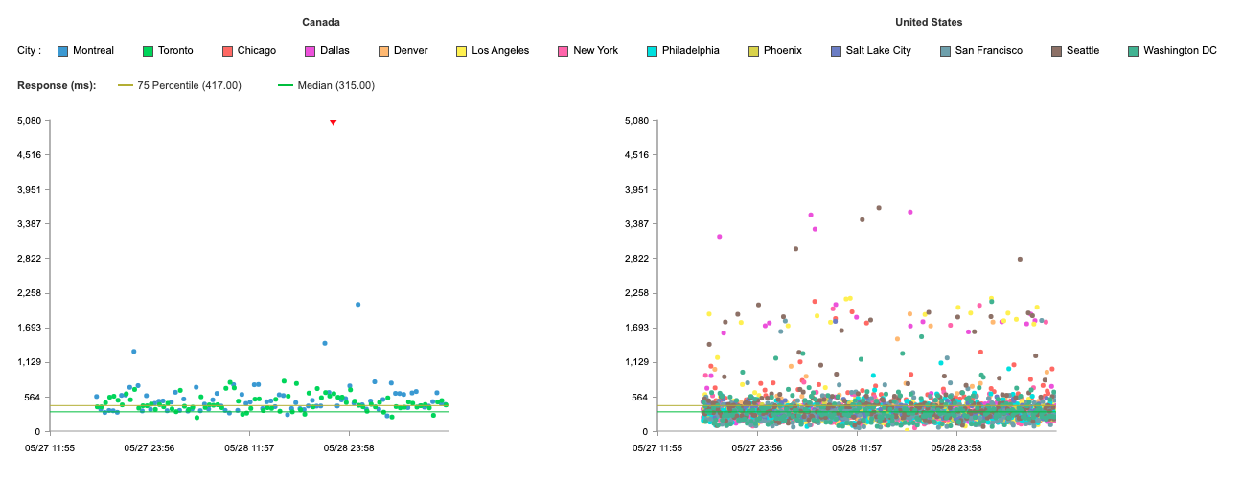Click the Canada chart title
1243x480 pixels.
coord(321,22)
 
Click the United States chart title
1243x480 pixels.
coord(929,22)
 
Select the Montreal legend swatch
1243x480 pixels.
coord(62,51)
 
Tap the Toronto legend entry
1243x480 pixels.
coord(168,51)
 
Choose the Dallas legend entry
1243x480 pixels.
coord(328,51)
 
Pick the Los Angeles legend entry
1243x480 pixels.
coord(493,51)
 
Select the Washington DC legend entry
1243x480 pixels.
coord(1172,51)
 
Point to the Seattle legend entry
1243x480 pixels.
coord(1075,51)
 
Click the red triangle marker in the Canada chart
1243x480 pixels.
coord(333,122)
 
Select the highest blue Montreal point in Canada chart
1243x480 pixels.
coord(357,304)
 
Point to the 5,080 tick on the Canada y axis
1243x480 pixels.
coord(30,121)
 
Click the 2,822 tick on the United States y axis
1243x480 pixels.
coord(636,259)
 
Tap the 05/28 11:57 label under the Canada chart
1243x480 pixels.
coord(249,447)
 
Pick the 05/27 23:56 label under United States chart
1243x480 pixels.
coord(757,447)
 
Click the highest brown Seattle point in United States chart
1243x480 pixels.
coord(879,208)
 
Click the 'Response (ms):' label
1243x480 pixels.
coord(57,85)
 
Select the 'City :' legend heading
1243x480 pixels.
coord(29,51)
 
